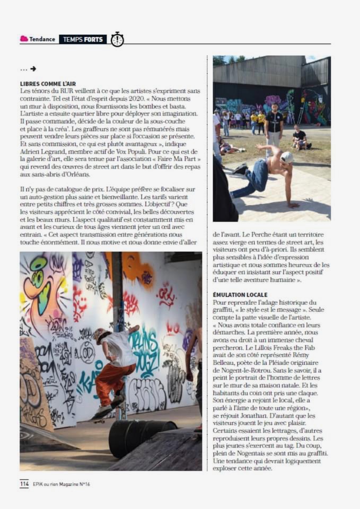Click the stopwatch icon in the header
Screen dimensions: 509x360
117,39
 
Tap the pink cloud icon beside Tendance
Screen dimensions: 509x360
24,39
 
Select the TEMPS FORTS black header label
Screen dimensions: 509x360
83,39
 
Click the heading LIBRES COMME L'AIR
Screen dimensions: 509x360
48,84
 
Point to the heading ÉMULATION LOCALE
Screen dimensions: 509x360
240,294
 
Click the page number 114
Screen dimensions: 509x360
24,484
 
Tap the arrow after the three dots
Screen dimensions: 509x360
33,69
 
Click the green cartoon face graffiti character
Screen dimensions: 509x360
38,281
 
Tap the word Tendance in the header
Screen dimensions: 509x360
42,39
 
